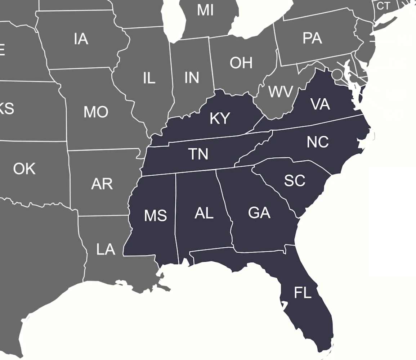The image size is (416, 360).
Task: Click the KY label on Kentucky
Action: pyautogui.click(x=220, y=118)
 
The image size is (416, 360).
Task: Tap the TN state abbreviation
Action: pyautogui.click(x=198, y=154)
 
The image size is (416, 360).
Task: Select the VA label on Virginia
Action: pyautogui.click(x=320, y=104)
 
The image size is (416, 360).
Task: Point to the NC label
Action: pyautogui.click(x=318, y=142)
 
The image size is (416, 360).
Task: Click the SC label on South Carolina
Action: pyautogui.click(x=294, y=180)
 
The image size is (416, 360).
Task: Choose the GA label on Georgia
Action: pyautogui.click(x=259, y=213)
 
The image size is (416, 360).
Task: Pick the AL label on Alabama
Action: pyautogui.click(x=204, y=213)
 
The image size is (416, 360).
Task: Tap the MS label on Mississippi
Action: pyautogui.click(x=155, y=216)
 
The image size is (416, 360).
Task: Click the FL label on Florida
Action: pyautogui.click(x=302, y=293)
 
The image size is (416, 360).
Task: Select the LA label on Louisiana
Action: pyautogui.click(x=106, y=249)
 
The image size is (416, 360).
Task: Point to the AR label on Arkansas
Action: pyautogui.click(x=102, y=184)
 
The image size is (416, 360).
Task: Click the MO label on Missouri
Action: pyautogui.click(x=96, y=112)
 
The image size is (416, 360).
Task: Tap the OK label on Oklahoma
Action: pyautogui.click(x=24, y=168)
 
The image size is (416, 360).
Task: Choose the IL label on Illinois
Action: pyautogui.click(x=149, y=78)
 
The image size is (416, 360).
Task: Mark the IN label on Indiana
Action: pyautogui.click(x=192, y=77)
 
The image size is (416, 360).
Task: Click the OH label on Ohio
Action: pyautogui.click(x=241, y=63)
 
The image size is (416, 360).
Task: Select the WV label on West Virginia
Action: pyautogui.click(x=281, y=92)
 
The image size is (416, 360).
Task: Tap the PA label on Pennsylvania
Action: pyautogui.click(x=312, y=38)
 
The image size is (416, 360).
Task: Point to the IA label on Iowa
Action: pyautogui.click(x=81, y=39)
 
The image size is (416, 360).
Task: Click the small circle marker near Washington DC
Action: pyautogui.click(x=337, y=75)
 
